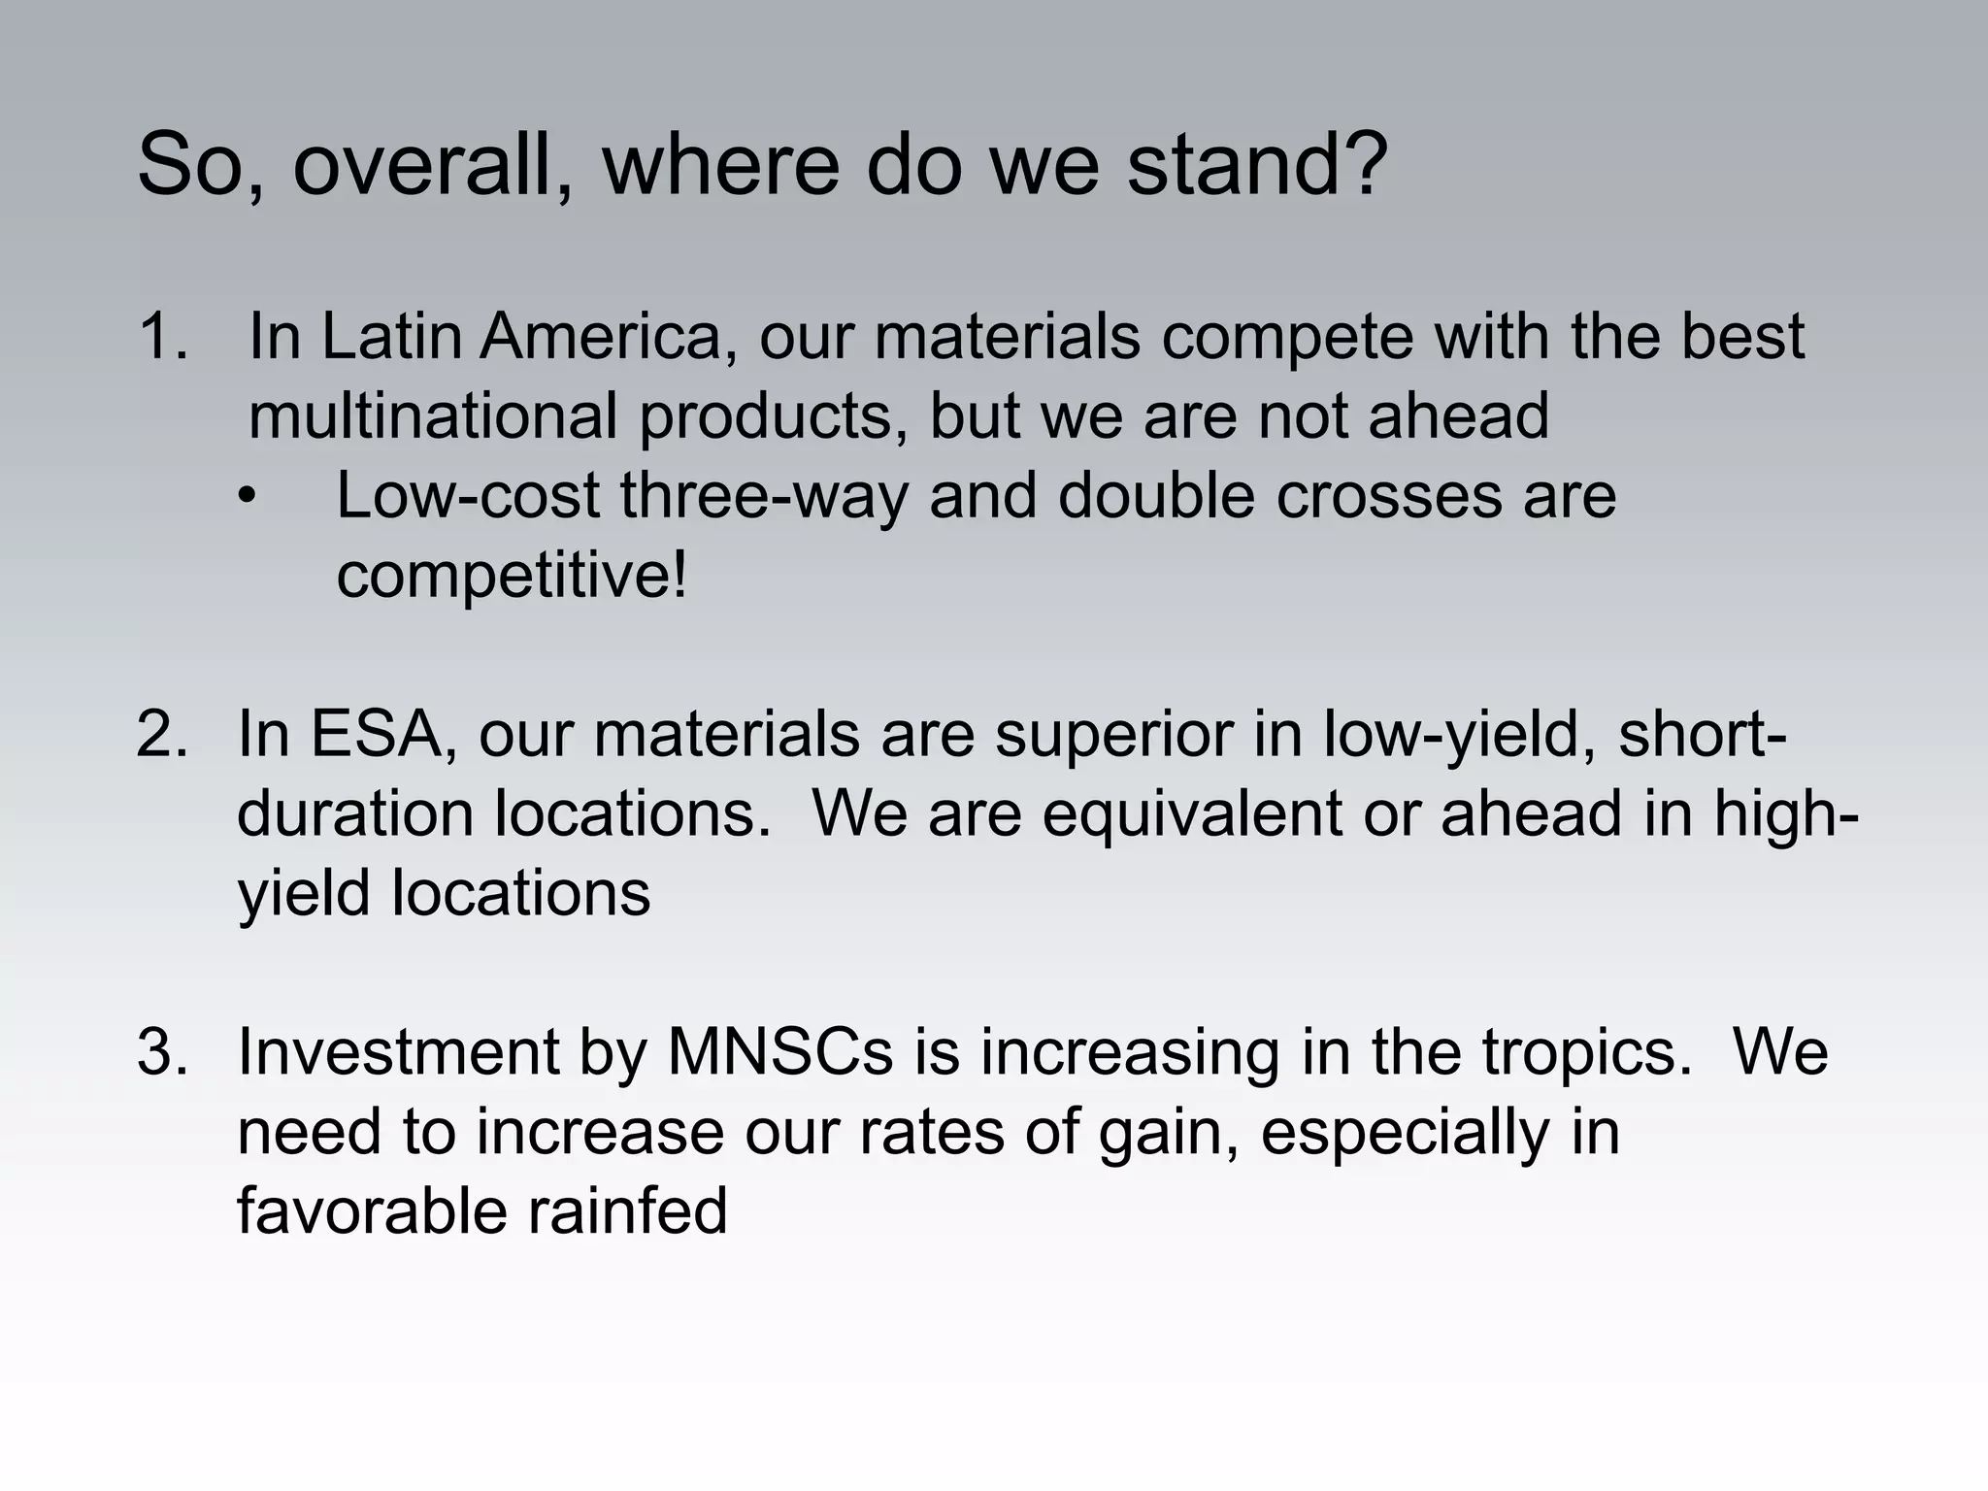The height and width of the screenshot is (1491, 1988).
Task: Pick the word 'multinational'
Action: [x=433, y=416]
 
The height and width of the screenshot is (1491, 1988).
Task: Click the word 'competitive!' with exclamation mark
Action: [x=512, y=575]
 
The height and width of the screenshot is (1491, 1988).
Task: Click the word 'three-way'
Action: [x=764, y=498]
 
